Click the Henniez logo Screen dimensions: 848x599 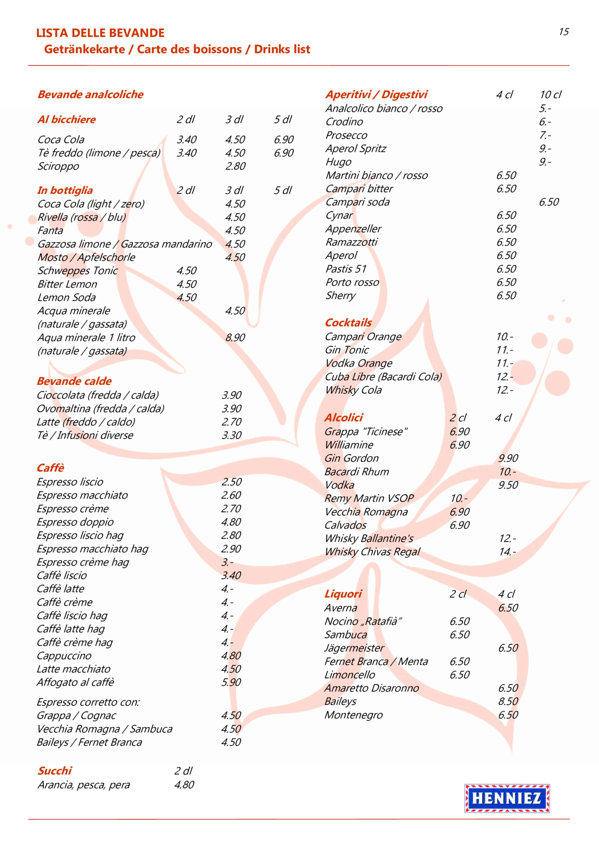coord(507,798)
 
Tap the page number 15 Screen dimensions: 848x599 coord(564,32)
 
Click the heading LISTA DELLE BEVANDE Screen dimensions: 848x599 coord(100,33)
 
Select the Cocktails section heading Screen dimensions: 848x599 coord(348,322)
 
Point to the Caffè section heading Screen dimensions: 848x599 coord(50,468)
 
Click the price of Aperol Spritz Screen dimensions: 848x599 coord(545,149)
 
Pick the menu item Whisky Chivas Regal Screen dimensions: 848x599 coord(372,552)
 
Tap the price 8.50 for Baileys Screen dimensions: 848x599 coord(508,701)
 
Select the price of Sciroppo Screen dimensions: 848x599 coord(235,166)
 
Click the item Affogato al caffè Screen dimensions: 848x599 coord(75,682)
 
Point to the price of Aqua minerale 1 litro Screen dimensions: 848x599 coord(235,338)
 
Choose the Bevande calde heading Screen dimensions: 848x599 coord(74,381)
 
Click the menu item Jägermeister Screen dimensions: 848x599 coord(354,648)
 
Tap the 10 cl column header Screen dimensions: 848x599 coord(550,94)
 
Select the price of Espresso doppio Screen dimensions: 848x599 coord(231,522)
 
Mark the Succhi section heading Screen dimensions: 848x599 coord(55,771)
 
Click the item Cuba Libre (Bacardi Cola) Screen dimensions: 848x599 coord(383,377)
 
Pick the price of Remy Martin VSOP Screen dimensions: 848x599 coord(459,498)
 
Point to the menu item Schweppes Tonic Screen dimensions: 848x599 coord(78,271)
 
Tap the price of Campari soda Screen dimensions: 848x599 coord(549,202)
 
